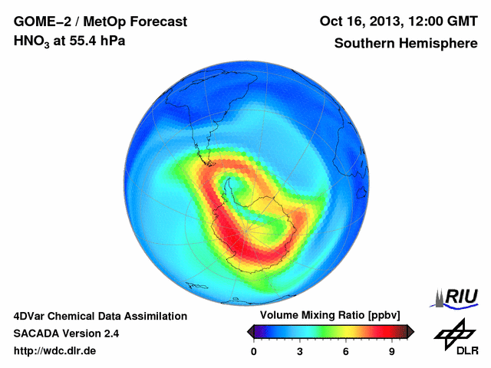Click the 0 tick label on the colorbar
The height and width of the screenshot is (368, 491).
coord(254,351)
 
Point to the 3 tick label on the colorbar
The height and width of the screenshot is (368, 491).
coord(300,351)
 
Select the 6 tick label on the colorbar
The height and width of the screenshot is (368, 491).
coord(346,351)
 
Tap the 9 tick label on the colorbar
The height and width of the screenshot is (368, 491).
coord(392,351)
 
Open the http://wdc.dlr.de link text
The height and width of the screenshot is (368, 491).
coord(55,351)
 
